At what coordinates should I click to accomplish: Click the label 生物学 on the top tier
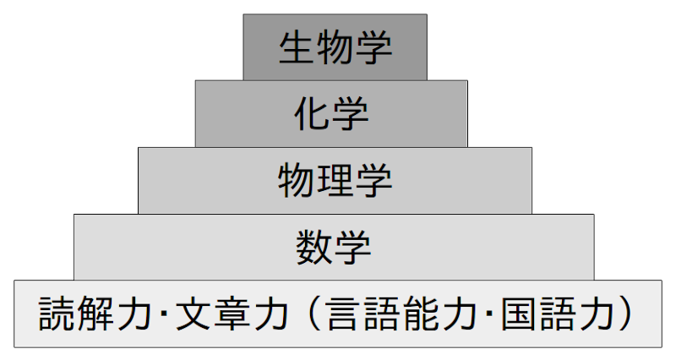[x=335, y=47]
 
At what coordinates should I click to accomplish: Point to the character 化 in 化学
[x=313, y=113]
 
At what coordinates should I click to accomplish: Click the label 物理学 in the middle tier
[x=335, y=179]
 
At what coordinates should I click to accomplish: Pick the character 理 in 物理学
[x=335, y=179]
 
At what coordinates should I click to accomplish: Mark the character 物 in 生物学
[x=335, y=47]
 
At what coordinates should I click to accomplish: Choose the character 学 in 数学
[x=352, y=247]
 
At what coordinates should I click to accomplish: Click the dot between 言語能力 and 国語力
[x=488, y=315]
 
